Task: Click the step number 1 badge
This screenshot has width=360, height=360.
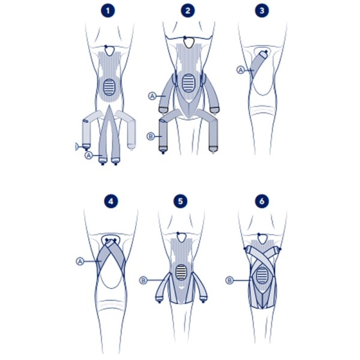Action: pos(108,11)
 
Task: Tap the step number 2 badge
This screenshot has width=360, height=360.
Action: pos(188,11)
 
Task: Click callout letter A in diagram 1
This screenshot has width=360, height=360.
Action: pos(89,155)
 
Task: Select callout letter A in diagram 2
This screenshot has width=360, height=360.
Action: pos(152,95)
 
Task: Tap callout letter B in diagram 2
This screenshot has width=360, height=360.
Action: pos(151,136)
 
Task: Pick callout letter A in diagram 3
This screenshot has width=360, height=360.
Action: pos(241,70)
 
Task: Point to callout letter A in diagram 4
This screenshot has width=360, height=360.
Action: pos(80,261)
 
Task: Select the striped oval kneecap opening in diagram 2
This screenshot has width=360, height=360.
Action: pos(188,82)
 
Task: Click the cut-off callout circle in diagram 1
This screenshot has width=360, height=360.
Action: pos(74,146)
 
